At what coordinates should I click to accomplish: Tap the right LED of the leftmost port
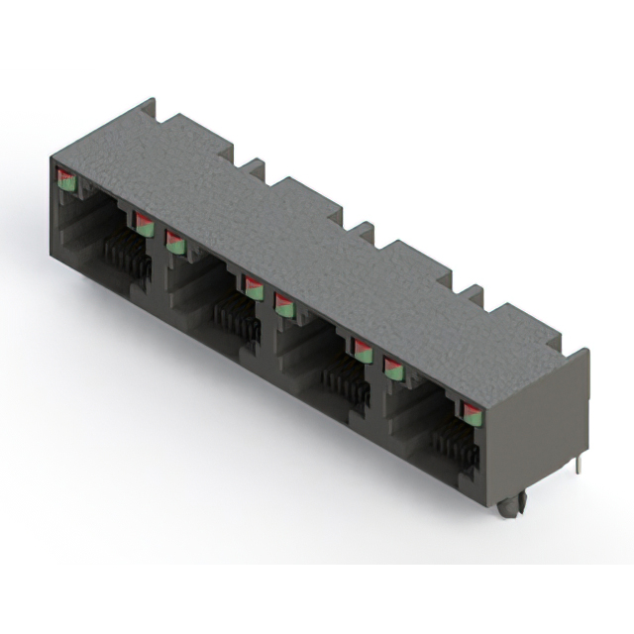[x=144, y=224]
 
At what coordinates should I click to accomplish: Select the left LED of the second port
[x=174, y=241]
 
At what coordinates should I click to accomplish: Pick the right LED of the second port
[x=254, y=288]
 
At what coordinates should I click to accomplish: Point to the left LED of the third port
[x=284, y=304]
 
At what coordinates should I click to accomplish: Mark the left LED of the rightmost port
[x=393, y=370]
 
